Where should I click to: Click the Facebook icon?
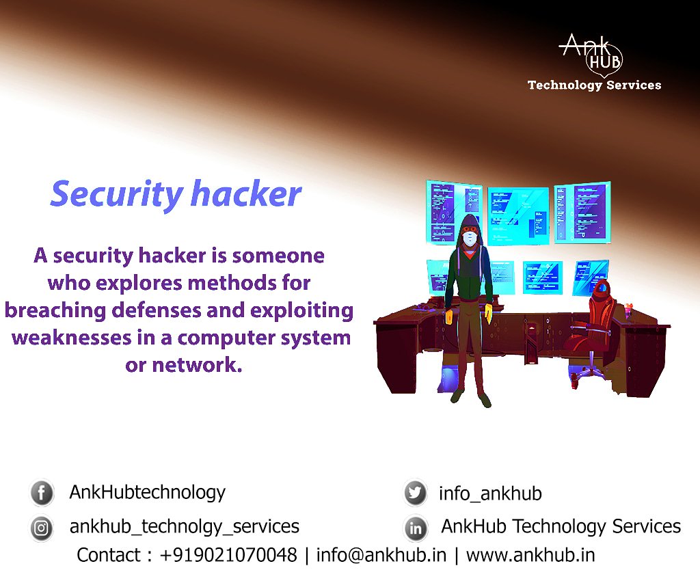click(42, 493)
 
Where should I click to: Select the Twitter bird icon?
click(415, 493)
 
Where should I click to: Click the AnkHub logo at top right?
click(592, 54)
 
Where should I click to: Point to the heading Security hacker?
click(176, 194)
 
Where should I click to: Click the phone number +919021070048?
click(228, 554)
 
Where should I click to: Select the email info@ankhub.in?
click(381, 554)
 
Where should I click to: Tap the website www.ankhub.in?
click(530, 554)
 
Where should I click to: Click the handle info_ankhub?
click(490, 493)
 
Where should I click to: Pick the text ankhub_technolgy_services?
click(184, 526)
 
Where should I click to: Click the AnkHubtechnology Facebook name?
click(147, 491)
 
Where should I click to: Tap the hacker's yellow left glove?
click(449, 317)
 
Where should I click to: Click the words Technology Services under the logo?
click(594, 85)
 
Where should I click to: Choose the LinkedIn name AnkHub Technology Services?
click(561, 526)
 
